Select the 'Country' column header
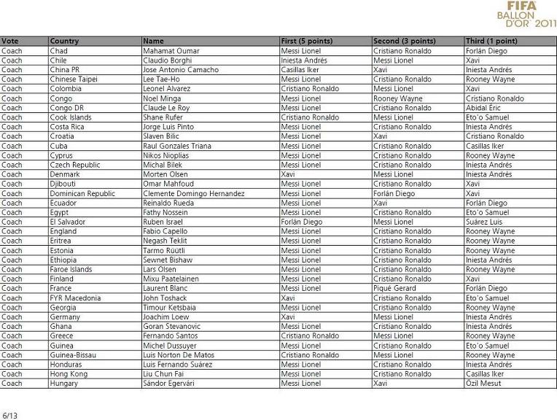tap(65, 42)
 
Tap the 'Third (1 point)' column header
tap(491, 42)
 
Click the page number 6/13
tap(9, 416)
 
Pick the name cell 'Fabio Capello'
tap(165, 232)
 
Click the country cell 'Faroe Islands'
tap(71, 270)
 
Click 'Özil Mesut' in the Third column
tap(483, 384)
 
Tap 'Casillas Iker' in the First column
tap(302, 70)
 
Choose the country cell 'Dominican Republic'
tap(82, 194)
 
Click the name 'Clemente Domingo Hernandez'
tap(194, 194)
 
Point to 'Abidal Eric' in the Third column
tap(484, 108)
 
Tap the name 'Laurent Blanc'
tap(165, 289)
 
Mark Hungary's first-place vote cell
tap(301, 384)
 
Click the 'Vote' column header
tap(10, 42)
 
